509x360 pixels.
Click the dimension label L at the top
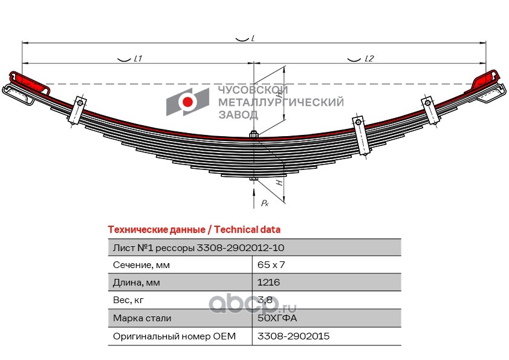252,38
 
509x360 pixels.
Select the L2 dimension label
369,59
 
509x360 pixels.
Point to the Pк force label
265,203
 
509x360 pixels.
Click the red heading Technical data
193,230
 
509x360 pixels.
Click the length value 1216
269,283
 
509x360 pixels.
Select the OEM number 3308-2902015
293,336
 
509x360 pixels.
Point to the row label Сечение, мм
141,265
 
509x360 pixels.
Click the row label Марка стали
142,318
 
